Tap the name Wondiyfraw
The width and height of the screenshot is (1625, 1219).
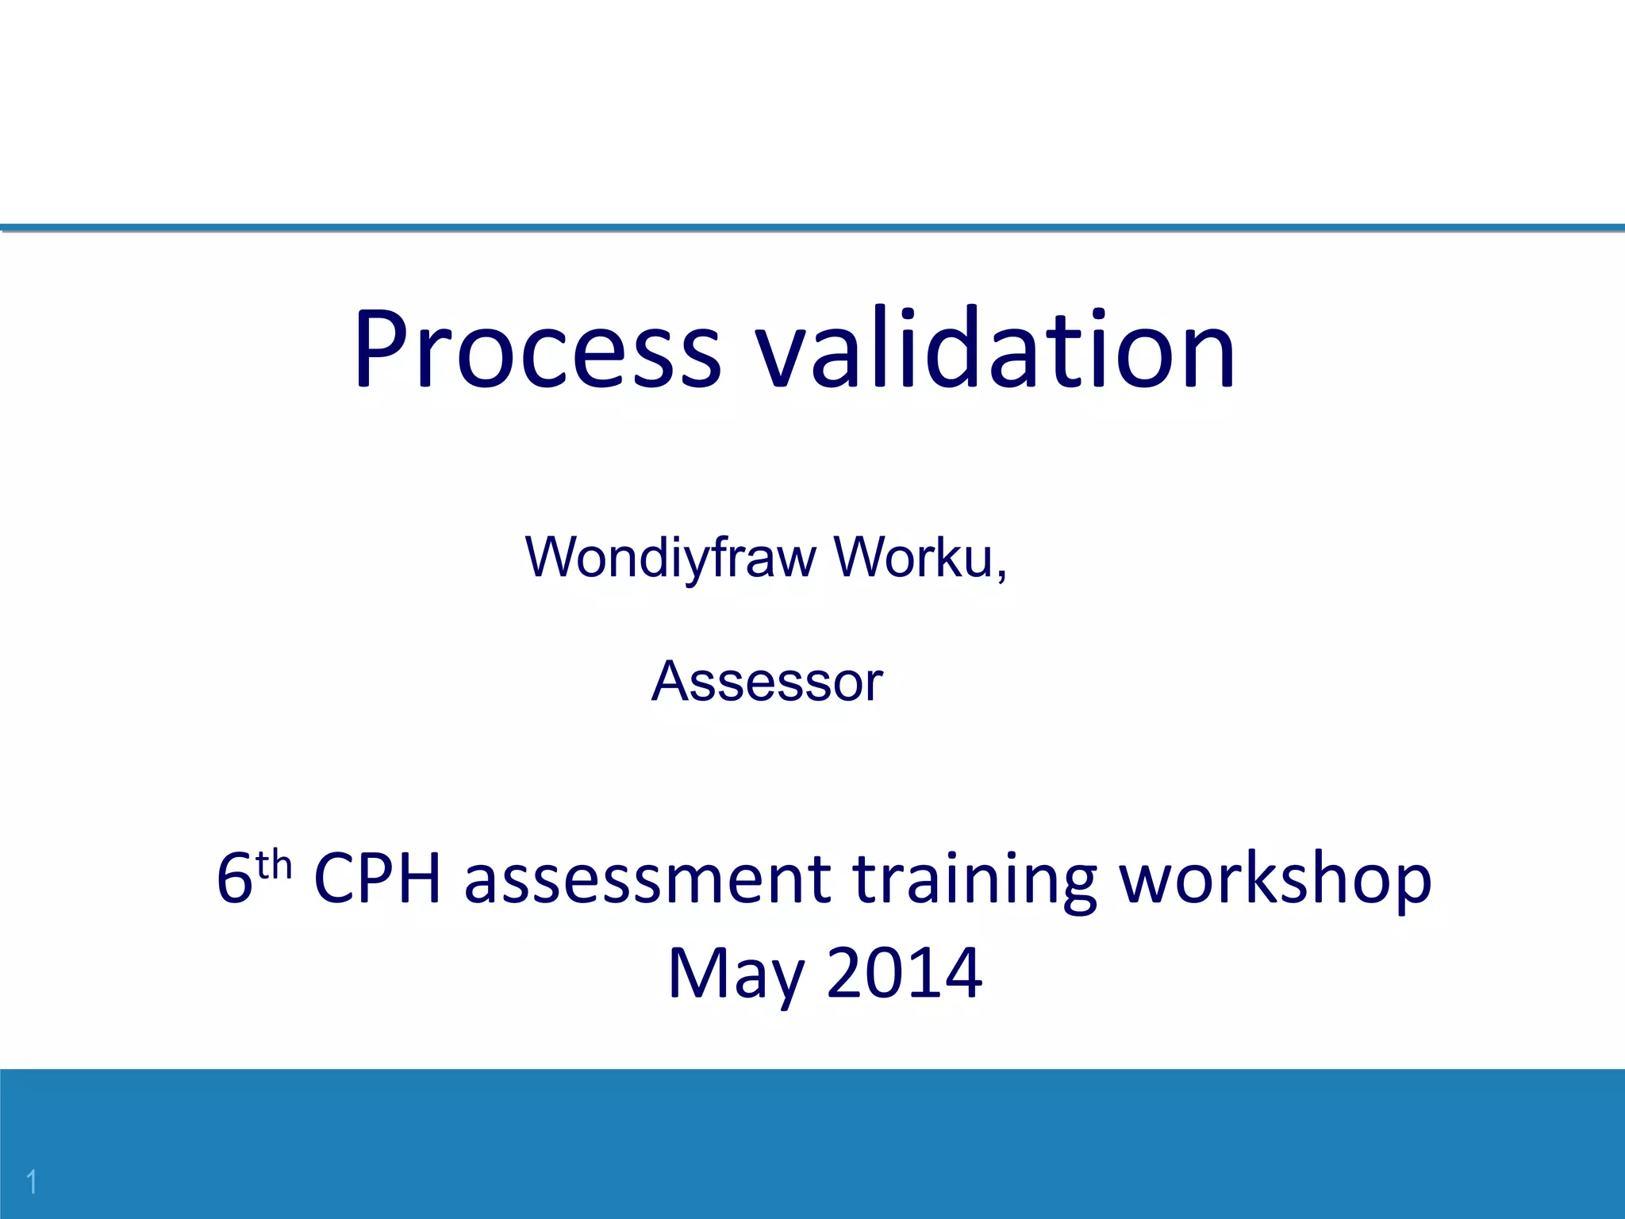tap(670, 557)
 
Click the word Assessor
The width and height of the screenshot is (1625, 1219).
tap(766, 681)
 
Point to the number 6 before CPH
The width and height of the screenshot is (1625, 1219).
tap(234, 879)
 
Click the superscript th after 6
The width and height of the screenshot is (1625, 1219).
tap(274, 865)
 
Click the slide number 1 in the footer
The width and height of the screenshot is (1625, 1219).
tap(32, 1182)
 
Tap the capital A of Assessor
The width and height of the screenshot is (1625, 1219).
tap(670, 681)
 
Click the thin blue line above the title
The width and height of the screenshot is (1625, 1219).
tap(812, 228)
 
